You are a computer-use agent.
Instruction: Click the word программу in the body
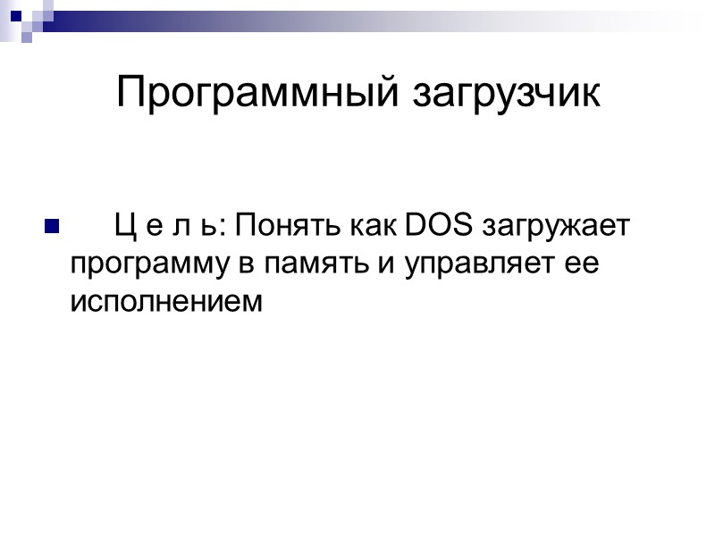(x=139, y=265)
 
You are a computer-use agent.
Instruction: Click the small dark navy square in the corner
(x=15, y=14)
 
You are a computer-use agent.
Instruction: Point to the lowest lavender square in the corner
(x=27, y=38)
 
